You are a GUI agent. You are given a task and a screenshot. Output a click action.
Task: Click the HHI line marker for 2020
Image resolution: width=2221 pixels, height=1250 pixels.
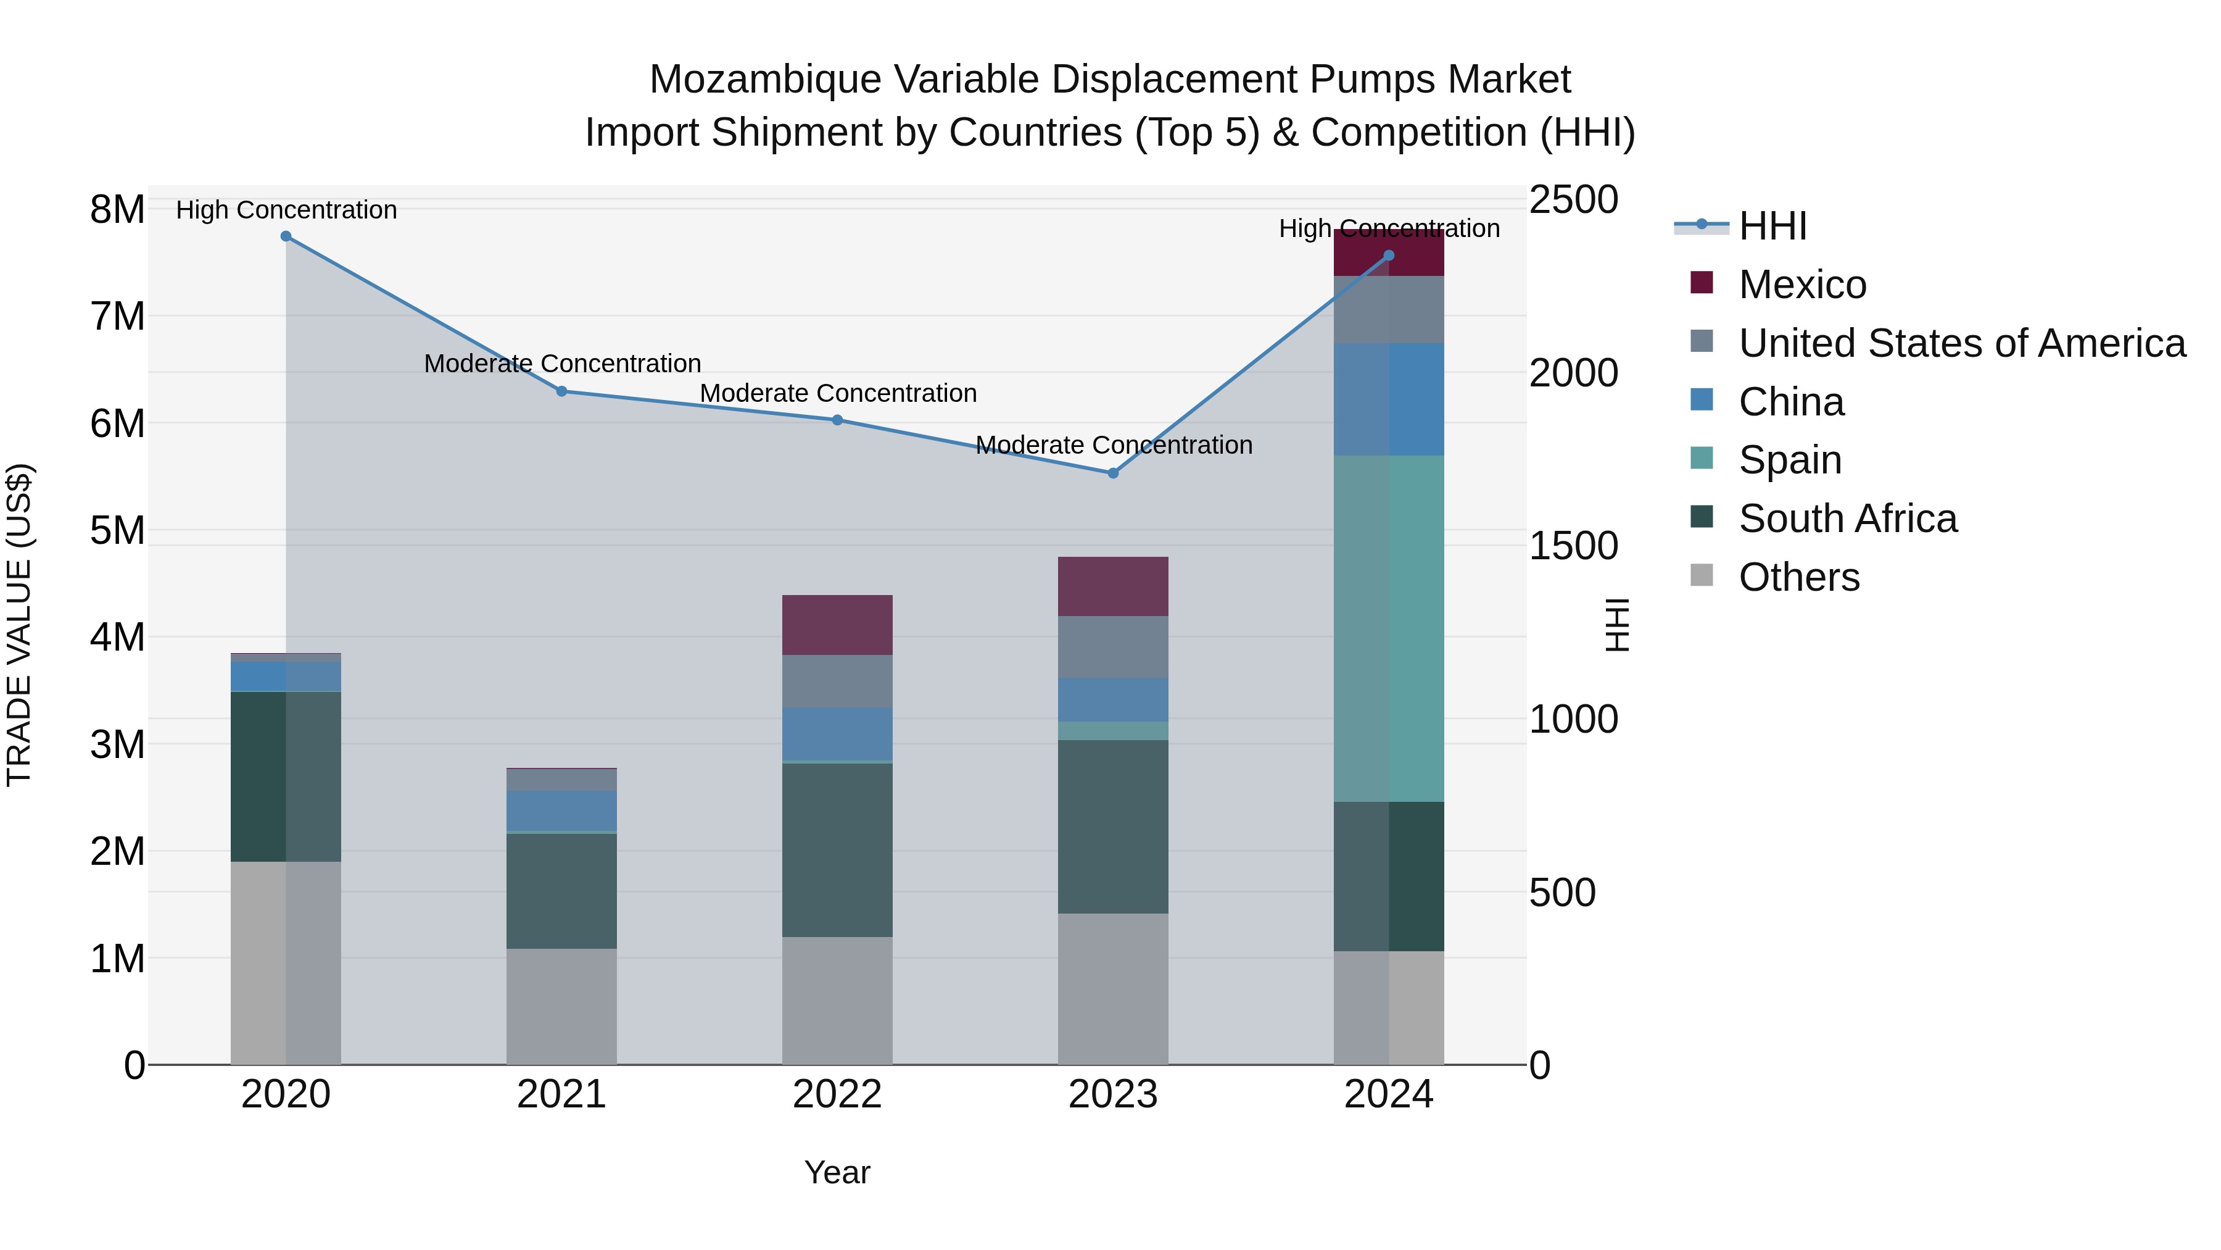point(286,236)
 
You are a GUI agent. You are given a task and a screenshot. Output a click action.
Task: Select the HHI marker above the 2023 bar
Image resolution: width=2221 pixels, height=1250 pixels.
point(1112,473)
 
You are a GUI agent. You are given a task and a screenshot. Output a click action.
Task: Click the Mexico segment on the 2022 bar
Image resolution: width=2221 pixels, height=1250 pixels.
point(837,625)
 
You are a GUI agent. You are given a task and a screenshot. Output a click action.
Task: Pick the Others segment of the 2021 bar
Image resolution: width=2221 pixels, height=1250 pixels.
point(561,1006)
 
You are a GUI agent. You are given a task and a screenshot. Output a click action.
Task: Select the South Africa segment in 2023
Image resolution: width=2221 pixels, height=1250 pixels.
point(1112,827)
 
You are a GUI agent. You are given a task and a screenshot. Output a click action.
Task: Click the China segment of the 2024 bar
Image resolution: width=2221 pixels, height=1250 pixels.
point(1388,399)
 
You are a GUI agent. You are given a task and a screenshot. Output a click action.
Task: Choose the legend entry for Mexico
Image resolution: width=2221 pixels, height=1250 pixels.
point(1802,285)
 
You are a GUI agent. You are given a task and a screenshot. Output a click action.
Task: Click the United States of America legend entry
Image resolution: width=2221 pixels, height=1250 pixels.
point(1961,343)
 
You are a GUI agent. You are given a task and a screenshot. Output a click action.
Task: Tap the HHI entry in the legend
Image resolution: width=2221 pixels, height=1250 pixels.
point(1772,226)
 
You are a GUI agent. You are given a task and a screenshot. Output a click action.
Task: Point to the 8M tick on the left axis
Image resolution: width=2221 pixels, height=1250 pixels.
point(117,210)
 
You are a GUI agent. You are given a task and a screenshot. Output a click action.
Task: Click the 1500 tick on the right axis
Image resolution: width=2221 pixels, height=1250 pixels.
point(1573,546)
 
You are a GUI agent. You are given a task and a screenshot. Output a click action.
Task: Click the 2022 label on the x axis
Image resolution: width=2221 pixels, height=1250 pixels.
point(837,1094)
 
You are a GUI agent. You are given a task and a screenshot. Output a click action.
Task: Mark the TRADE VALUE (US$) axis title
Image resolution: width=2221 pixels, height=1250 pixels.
point(19,625)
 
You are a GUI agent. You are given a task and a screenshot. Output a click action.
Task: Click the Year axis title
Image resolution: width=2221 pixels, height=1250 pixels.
point(837,1172)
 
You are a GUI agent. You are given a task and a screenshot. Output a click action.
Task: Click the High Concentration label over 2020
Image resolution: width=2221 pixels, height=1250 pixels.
point(286,210)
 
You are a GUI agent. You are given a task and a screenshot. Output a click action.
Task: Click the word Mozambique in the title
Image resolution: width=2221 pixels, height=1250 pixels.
point(765,80)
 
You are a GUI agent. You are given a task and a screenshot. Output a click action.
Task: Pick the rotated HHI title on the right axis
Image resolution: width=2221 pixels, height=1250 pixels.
point(1618,625)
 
